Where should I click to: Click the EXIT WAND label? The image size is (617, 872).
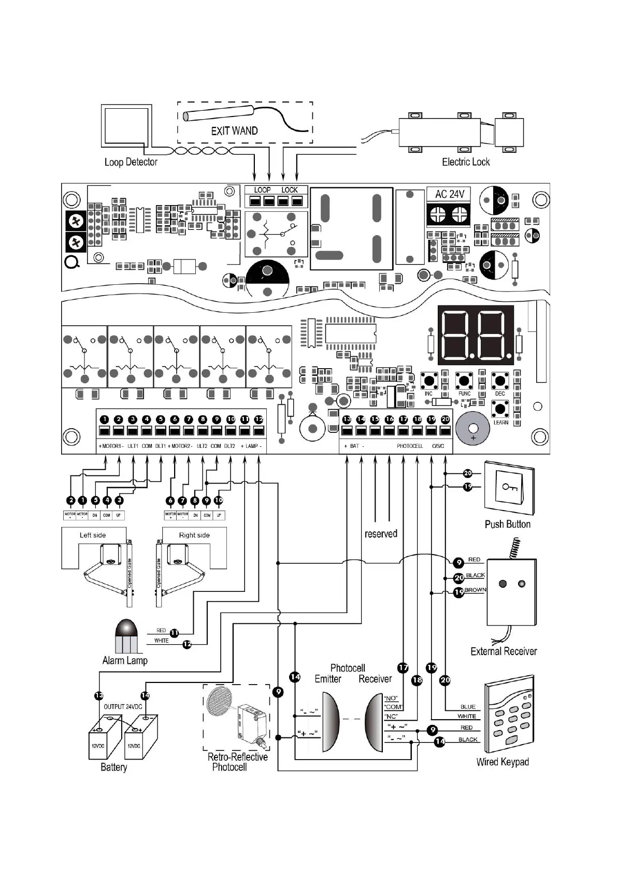point(234,131)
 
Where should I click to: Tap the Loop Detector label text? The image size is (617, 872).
point(131,162)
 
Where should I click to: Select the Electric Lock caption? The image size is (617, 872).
point(465,162)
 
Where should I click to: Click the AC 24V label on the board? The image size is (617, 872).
point(449,194)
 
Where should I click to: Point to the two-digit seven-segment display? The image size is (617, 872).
point(476,335)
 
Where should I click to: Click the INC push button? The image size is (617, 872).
point(429,381)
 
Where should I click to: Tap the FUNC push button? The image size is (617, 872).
point(464,381)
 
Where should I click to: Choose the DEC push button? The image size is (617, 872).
point(499,381)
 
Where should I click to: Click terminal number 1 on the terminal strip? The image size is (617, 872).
point(104,419)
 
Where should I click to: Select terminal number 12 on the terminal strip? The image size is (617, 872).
point(259,419)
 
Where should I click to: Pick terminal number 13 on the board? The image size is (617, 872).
point(347,419)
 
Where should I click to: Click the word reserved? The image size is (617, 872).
point(381,534)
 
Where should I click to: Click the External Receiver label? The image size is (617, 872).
point(504,651)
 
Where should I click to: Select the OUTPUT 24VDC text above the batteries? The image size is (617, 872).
point(123,706)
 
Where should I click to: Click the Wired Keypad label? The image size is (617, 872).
point(503,762)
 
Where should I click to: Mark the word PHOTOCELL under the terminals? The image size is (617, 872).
point(410,446)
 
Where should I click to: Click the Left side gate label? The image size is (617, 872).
point(93,535)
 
